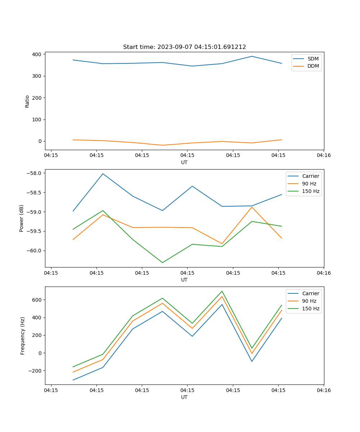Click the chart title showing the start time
tap(184, 47)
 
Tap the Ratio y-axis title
tap(27, 101)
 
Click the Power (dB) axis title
tap(22, 218)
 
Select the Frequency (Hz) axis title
tap(22, 336)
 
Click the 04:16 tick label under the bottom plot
tap(324, 390)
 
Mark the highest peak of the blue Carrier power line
tap(103, 174)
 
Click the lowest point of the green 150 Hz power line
tap(162, 262)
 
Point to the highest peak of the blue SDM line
tap(252, 56)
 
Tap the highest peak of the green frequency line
tap(222, 291)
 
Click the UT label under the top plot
tap(184, 162)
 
